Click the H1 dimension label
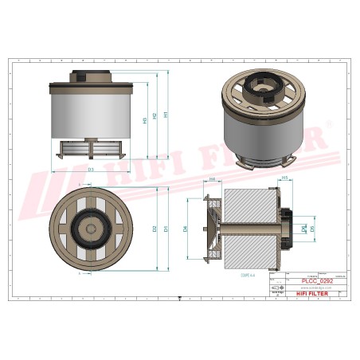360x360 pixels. (x=166, y=113)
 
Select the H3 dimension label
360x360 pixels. (x=144, y=121)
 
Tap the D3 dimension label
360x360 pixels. (x=91, y=170)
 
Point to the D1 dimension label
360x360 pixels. (x=166, y=229)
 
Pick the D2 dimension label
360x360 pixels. (x=155, y=229)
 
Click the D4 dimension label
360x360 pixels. (x=186, y=229)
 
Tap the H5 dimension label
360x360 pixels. (x=285, y=178)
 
